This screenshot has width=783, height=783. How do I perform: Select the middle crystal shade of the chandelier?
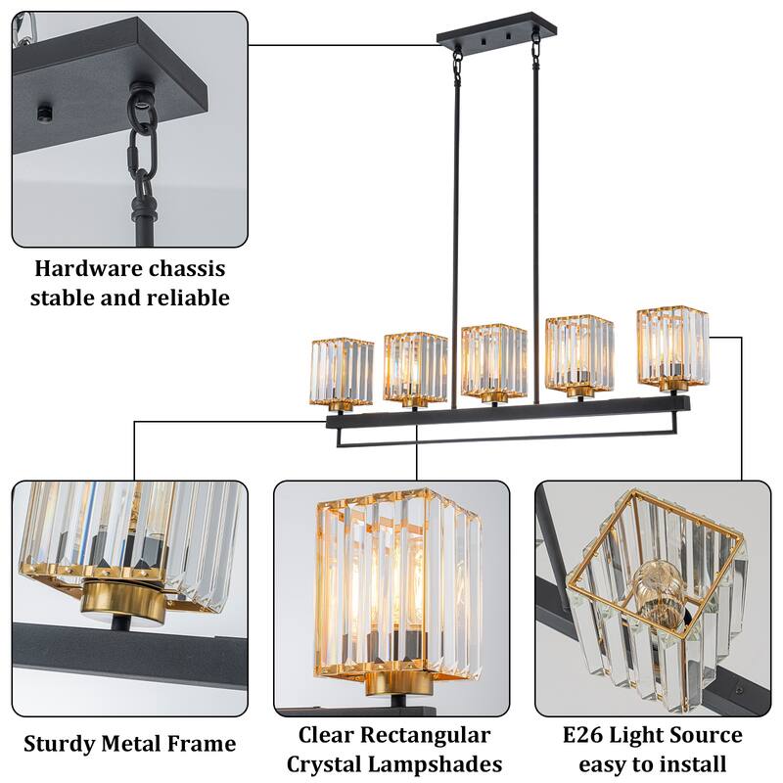click(494, 359)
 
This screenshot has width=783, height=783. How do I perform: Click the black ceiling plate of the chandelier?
click(488, 34)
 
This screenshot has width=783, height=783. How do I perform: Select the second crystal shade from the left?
click(415, 367)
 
